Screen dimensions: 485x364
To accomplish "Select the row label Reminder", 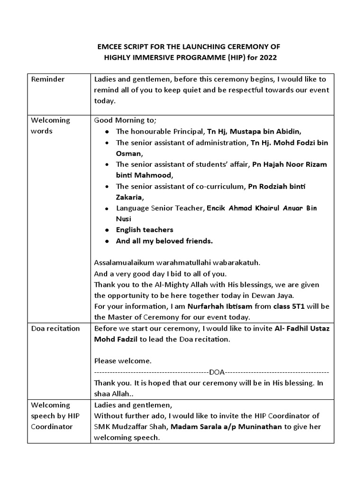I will [x=48, y=79].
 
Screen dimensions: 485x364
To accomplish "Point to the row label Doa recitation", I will [x=55, y=328].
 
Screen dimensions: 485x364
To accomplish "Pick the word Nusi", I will [x=124, y=219].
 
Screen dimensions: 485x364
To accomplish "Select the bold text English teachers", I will [x=145, y=230].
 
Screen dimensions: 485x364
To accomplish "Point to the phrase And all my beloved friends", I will [x=164, y=241].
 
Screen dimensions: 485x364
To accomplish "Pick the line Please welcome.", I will [x=123, y=361].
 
